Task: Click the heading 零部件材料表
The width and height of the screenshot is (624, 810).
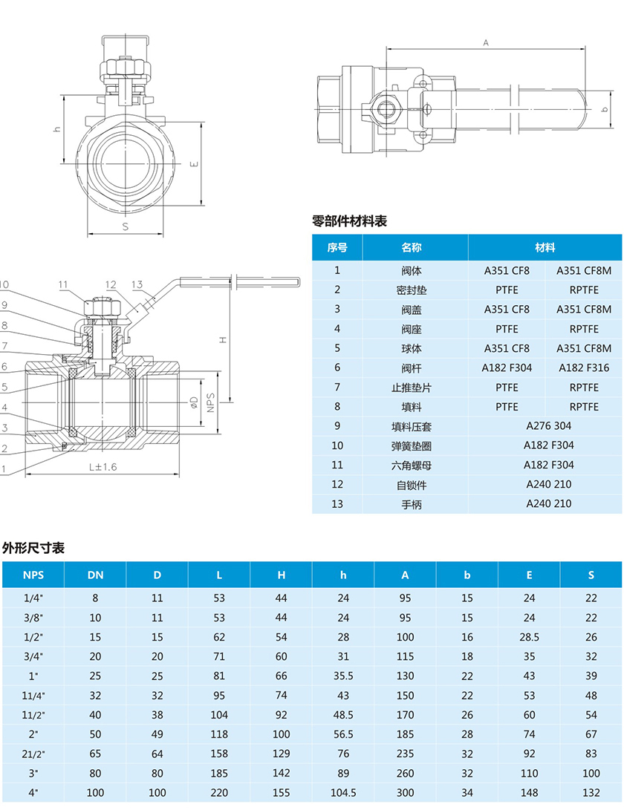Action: tap(349, 221)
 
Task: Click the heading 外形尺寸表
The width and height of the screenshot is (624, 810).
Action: tap(33, 548)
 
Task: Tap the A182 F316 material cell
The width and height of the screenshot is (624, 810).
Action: tap(583, 368)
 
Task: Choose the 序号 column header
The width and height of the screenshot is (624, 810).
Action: tap(337, 247)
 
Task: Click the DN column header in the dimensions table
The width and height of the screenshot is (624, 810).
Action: tap(95, 575)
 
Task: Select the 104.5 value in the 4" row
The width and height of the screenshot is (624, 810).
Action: tap(343, 792)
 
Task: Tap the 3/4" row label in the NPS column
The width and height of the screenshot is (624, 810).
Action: tap(33, 656)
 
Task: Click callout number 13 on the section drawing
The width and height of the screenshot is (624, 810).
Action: tap(137, 284)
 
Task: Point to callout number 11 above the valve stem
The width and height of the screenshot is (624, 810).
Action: tap(62, 284)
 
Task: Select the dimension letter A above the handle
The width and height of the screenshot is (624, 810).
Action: tap(486, 42)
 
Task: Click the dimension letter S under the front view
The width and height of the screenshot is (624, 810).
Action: tap(125, 226)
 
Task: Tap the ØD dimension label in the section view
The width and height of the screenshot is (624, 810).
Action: tap(193, 402)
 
